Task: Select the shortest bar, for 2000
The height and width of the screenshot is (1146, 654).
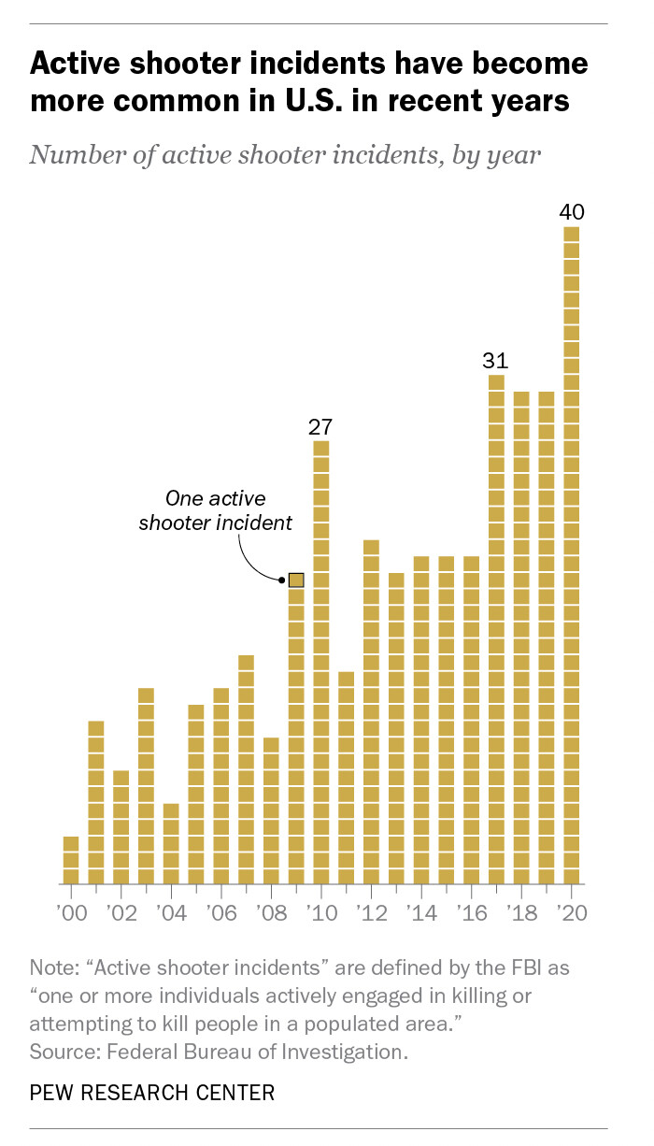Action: point(71,860)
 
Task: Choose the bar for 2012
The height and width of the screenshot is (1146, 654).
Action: point(371,711)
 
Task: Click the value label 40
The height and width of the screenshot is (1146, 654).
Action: point(572,212)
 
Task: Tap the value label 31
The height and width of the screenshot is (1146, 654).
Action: point(496,360)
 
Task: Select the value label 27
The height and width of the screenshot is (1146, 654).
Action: point(321,426)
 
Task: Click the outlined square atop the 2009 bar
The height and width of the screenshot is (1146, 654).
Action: point(296,580)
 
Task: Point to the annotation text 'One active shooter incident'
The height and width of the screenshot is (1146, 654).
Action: point(215,510)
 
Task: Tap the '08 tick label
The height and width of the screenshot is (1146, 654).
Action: point(270,912)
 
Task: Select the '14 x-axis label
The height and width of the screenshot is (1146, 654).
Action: point(420,912)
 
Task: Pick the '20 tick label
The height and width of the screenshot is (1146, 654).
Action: point(571,912)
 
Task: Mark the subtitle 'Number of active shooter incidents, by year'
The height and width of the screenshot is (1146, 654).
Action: point(285,153)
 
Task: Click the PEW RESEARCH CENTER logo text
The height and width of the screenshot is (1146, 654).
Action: point(152,1091)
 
